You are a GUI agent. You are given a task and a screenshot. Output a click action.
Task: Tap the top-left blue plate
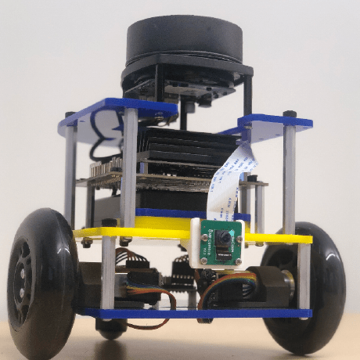point(117,113)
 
